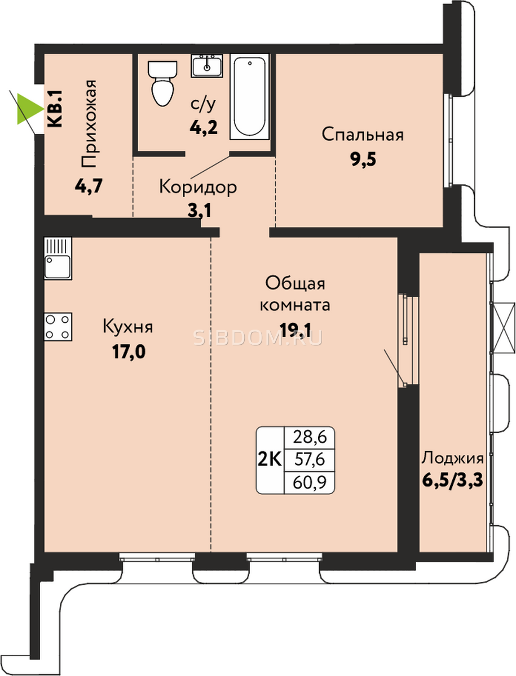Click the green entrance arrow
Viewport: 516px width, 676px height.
tap(28, 109)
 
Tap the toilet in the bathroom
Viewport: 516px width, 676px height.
tap(163, 83)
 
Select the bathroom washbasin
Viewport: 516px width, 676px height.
tap(207, 65)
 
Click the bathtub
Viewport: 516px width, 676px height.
tap(250, 97)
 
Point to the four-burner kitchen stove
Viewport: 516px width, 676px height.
tap(58, 327)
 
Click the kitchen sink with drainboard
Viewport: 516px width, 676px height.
tap(58, 258)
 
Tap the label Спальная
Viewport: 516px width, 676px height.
tap(363, 135)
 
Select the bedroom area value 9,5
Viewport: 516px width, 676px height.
tap(363, 159)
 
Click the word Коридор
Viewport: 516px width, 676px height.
tap(198, 187)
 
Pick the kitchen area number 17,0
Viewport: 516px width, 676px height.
tap(129, 352)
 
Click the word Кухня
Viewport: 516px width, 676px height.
tap(127, 327)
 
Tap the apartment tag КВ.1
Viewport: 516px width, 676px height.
tap(55, 109)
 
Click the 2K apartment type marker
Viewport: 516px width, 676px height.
tap(270, 460)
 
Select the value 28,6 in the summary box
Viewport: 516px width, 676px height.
tap(310, 437)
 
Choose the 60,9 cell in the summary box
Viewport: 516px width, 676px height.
tap(310, 482)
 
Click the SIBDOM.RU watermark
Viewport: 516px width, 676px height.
tap(258, 338)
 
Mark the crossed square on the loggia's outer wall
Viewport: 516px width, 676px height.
tap(504, 328)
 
